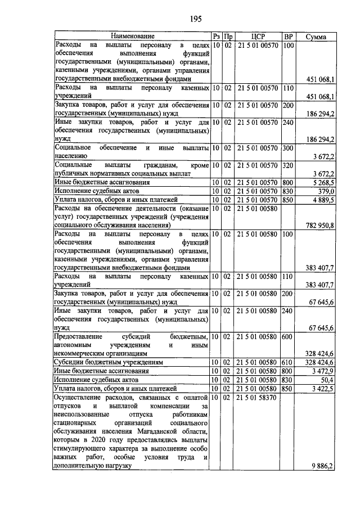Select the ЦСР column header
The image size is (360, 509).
tap(257, 37)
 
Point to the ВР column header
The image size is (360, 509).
tap(289, 37)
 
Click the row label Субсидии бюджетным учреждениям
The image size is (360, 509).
tap(109, 363)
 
